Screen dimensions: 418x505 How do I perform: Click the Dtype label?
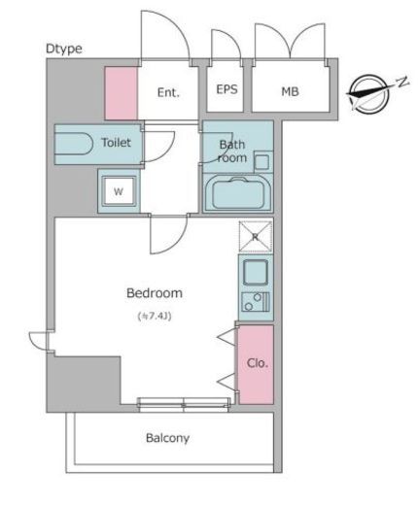pyautogui.click(x=64, y=49)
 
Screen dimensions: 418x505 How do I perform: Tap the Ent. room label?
pyautogui.click(x=168, y=92)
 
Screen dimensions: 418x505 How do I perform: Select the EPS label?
pyautogui.click(x=226, y=89)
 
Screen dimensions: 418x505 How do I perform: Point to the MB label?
pyautogui.click(x=290, y=91)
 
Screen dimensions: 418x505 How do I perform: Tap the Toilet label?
pyautogui.click(x=116, y=143)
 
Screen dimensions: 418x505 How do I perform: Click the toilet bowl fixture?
pyautogui.click(x=74, y=145)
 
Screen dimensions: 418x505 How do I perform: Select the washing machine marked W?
pyautogui.click(x=119, y=191)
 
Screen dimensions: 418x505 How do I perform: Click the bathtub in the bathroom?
pyautogui.click(x=238, y=193)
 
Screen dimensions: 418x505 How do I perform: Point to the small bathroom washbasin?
pyautogui.click(x=261, y=161)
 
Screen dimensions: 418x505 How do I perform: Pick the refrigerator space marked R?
pyautogui.click(x=256, y=237)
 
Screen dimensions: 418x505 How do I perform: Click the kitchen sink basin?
pyautogui.click(x=256, y=272)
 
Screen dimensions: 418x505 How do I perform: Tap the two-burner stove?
pyautogui.click(x=256, y=302)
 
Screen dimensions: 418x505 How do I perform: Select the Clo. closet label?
pyautogui.click(x=258, y=363)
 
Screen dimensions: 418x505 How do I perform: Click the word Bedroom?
pyautogui.click(x=155, y=293)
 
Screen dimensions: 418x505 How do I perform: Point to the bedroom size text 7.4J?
pyautogui.click(x=155, y=316)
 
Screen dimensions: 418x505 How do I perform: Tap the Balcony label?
pyautogui.click(x=167, y=438)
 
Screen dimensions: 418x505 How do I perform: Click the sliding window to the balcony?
pyautogui.click(x=184, y=405)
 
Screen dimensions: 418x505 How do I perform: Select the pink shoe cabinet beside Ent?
pyautogui.click(x=122, y=93)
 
